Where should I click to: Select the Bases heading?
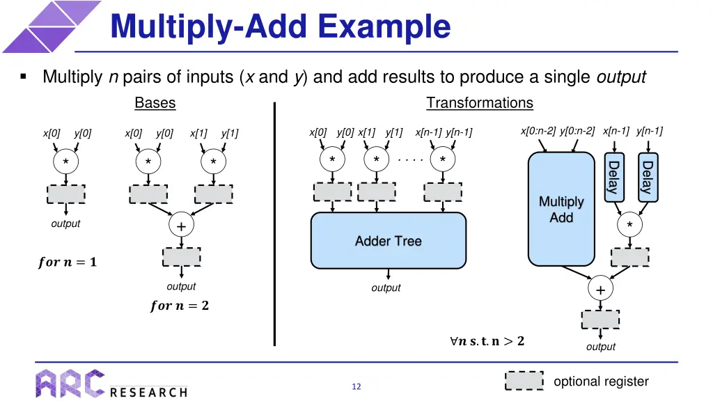coord(155,103)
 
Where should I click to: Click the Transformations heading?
coord(479,103)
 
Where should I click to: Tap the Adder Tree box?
coord(388,241)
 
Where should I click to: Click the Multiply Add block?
coord(561,210)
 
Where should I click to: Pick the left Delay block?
coord(613,177)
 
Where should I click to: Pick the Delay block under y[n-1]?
coord(647,177)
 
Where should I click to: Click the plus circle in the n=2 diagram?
coord(181,226)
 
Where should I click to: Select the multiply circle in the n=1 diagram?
coord(65,162)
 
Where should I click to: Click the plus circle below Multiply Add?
coord(600,289)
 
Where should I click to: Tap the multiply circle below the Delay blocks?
coord(629,225)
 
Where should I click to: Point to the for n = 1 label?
coord(68,262)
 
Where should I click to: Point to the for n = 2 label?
coord(179,306)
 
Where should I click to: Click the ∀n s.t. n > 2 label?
coord(487,341)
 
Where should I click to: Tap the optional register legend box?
coord(524,382)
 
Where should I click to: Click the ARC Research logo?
coord(111,384)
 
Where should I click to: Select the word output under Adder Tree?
coord(386,288)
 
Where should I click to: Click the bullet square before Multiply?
coord(24,77)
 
